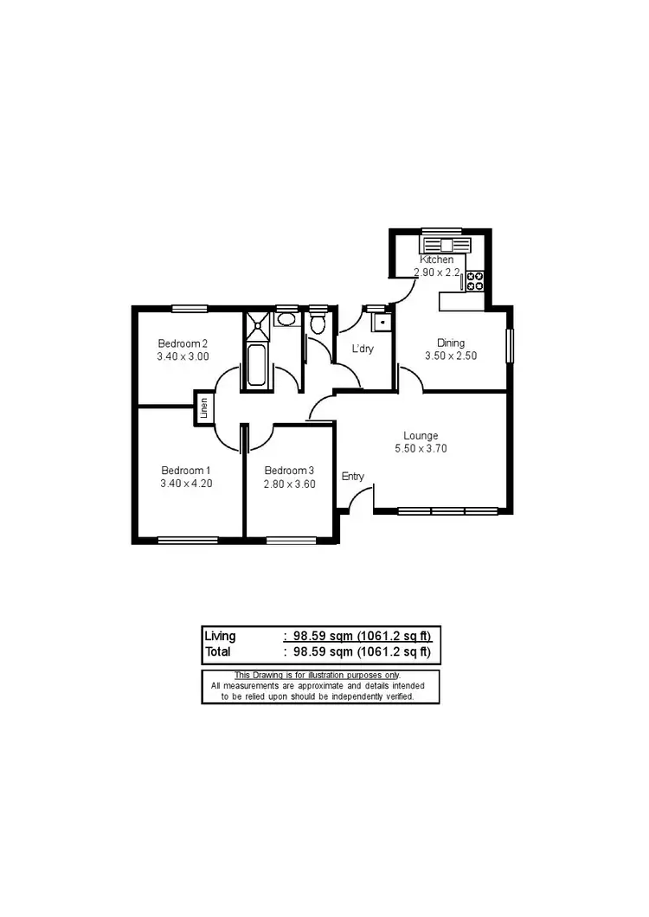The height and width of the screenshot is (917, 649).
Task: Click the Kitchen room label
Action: [436, 260]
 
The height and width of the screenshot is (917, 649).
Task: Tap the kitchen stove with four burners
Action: [475, 279]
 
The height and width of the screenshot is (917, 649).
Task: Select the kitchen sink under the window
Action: [443, 243]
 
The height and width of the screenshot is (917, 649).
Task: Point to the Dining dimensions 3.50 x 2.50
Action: [450, 356]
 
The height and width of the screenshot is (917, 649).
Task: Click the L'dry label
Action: [363, 349]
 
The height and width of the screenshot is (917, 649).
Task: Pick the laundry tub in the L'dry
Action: [379, 323]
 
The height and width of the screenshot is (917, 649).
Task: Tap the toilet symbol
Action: [318, 324]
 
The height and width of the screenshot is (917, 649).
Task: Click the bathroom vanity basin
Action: [286, 320]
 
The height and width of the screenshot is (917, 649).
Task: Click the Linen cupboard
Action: [204, 407]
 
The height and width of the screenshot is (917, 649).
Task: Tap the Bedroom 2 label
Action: [183, 343]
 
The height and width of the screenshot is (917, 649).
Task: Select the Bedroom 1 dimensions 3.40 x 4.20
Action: [186, 484]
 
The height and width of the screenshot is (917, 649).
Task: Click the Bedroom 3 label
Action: [289, 471]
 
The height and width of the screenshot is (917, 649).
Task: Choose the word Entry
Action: [353, 476]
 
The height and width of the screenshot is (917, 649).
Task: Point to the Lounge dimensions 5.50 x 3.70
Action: [421, 448]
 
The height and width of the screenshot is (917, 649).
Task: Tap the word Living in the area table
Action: [220, 636]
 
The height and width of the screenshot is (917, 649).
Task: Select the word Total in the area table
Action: [218, 651]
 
